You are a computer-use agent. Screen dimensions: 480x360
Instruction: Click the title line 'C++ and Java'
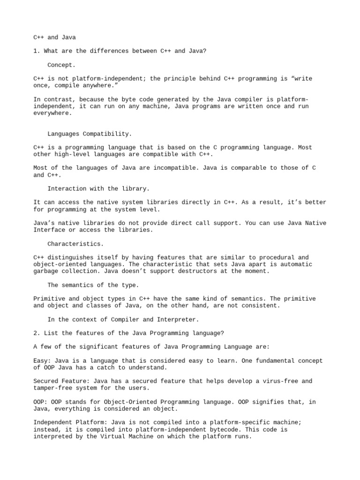point(54,37)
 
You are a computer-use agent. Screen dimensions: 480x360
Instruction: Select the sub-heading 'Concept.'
point(61,65)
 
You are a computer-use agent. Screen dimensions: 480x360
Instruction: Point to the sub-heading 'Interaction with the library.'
point(98,188)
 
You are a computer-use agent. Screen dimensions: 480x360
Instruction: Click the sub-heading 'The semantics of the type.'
point(92,285)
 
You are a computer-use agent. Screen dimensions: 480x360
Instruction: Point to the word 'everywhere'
point(52,113)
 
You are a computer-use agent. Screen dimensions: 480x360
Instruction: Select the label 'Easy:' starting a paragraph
point(42,360)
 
